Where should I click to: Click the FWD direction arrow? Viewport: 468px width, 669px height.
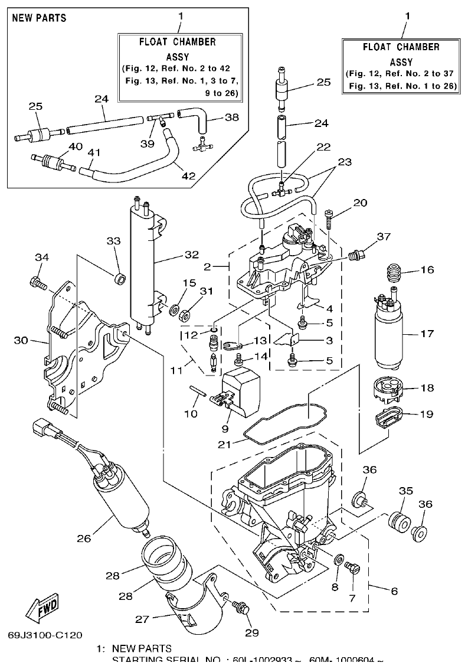coord(40,608)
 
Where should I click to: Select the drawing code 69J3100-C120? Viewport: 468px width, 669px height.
coord(45,635)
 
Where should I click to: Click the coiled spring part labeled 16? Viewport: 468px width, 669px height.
coord(394,273)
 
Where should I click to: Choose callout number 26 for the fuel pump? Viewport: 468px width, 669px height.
coord(84,538)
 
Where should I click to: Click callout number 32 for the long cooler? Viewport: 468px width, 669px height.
coord(190,255)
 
